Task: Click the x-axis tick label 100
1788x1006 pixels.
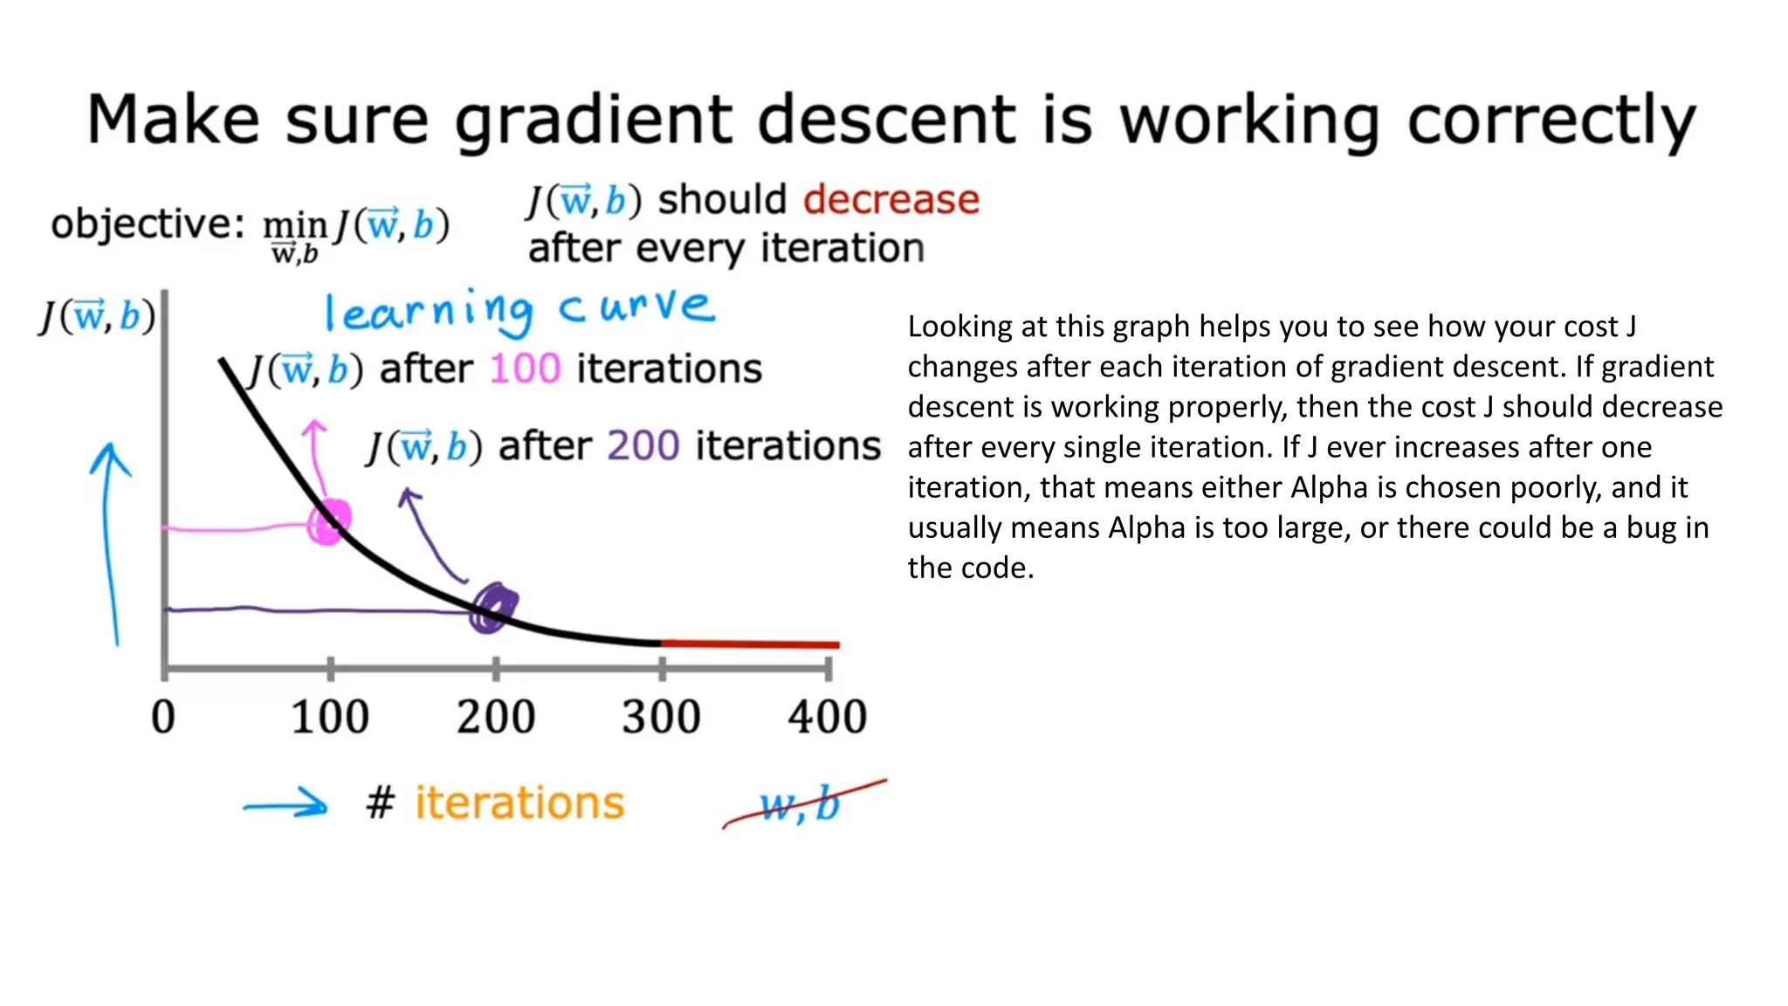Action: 330,718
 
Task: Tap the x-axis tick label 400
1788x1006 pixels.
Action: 827,718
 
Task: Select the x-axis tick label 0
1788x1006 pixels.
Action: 163,718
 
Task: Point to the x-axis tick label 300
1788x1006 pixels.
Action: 661,718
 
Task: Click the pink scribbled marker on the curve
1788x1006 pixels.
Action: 328,523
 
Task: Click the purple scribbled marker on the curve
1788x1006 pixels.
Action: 493,607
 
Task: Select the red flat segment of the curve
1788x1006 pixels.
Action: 751,644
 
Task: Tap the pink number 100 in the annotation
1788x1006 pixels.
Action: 525,369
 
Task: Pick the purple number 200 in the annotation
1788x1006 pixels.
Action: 643,446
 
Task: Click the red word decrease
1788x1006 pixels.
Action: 891,200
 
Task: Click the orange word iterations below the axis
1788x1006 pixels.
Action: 519,803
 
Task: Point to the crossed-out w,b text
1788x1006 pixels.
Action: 799,804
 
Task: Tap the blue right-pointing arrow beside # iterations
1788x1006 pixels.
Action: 286,804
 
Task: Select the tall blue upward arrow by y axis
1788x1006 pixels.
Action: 110,541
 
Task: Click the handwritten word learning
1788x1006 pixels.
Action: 428,311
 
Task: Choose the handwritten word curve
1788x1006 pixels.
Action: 636,307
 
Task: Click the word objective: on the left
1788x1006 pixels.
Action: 147,224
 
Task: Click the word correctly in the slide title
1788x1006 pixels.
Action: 1551,122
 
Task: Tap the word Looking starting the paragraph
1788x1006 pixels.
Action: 959,327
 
